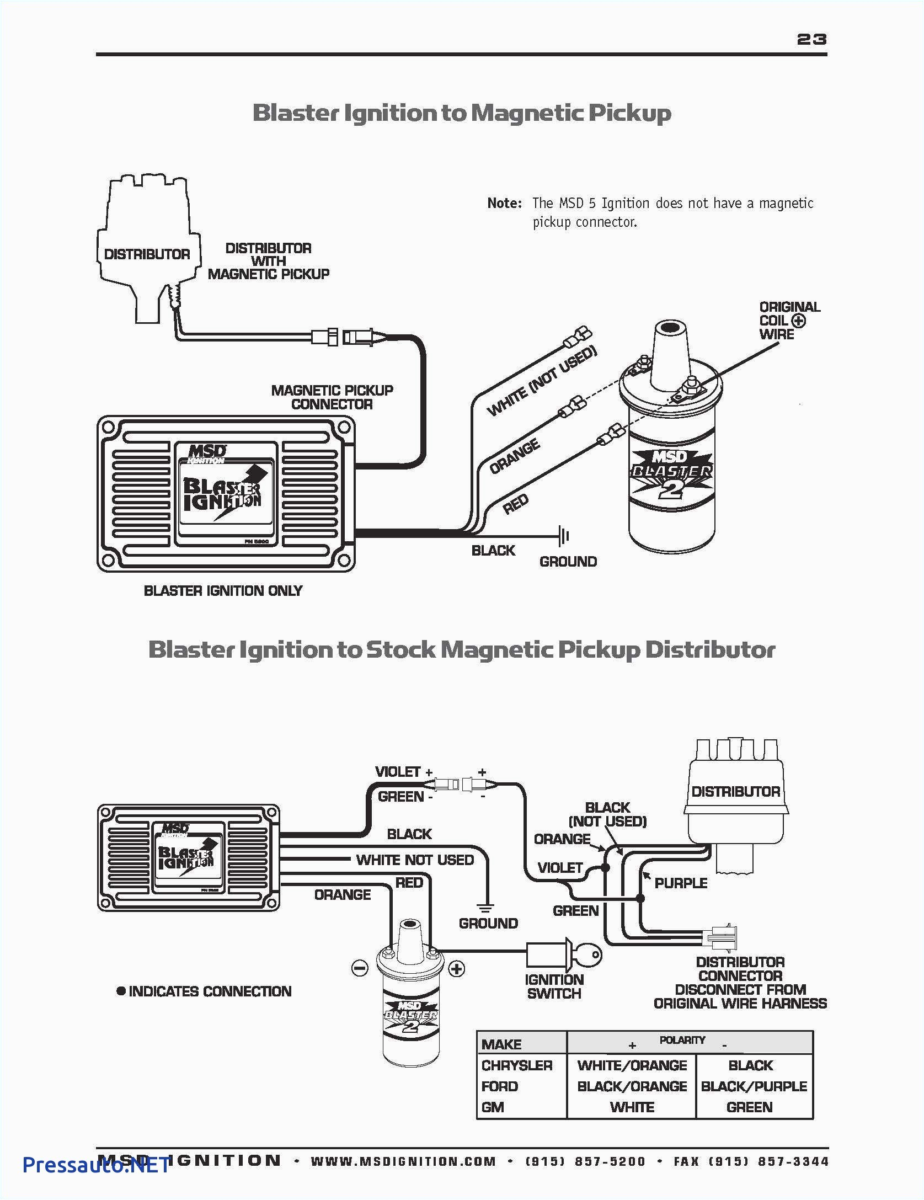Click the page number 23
[811, 39]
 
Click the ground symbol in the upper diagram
[563, 535]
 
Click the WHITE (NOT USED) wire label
[542, 381]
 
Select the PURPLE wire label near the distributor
[680, 883]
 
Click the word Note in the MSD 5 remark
[504, 203]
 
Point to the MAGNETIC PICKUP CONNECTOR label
[332, 397]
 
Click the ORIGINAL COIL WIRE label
[789, 321]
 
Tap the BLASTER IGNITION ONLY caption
[223, 591]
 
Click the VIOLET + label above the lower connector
[403, 772]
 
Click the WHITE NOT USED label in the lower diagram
[415, 860]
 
